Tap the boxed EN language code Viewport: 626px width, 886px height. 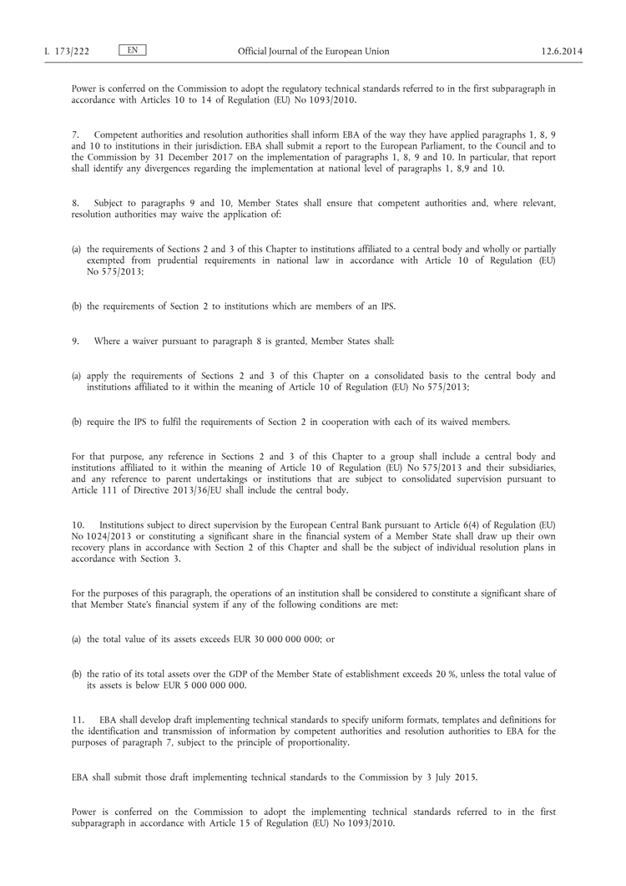(x=133, y=50)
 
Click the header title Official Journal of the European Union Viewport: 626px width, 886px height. (x=313, y=51)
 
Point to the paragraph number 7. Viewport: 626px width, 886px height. (x=75, y=134)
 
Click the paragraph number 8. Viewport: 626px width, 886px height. (x=75, y=203)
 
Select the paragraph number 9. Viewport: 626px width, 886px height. (x=75, y=342)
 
